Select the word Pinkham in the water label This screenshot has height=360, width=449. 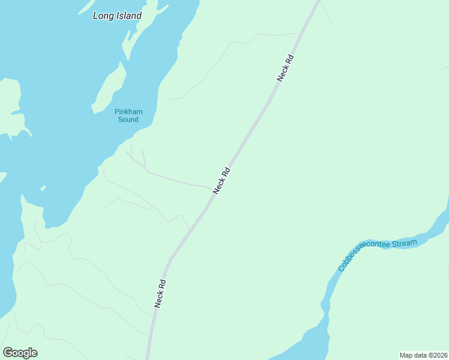click(128, 112)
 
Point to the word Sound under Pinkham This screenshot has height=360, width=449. click(128, 119)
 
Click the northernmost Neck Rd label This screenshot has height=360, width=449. click(285, 68)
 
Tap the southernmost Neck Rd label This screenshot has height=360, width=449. click(160, 293)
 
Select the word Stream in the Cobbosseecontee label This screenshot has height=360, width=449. click(405, 242)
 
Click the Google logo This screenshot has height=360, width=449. click(20, 353)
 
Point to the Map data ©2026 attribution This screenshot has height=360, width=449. click(423, 355)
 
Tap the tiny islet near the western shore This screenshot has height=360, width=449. click(43, 188)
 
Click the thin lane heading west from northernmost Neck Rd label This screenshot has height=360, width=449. click(240, 43)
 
